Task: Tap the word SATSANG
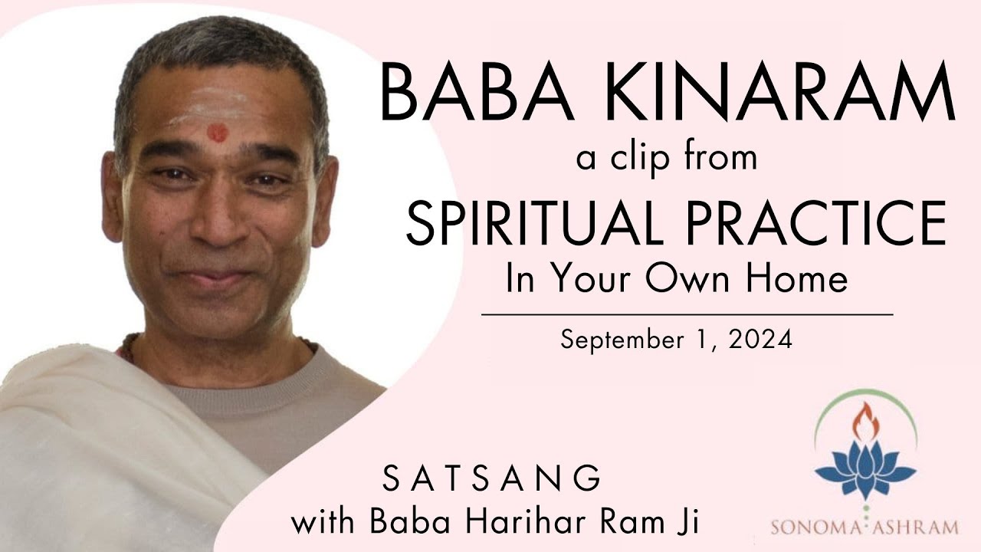point(491,479)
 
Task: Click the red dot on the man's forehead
point(218,132)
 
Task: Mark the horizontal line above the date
point(687,314)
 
